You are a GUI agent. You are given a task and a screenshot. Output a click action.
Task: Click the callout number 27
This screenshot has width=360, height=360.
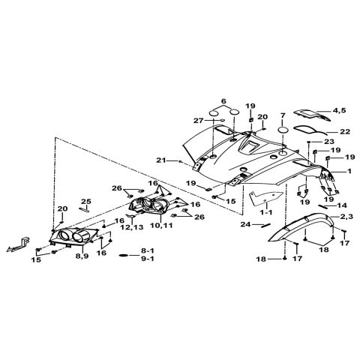pyautogui.click(x=199, y=121)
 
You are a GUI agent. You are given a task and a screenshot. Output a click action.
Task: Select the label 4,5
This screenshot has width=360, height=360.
pyautogui.click(x=339, y=110)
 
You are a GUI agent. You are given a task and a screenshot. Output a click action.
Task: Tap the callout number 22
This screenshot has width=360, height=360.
pyautogui.click(x=345, y=131)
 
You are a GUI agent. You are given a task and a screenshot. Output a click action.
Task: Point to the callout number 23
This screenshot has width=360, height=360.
pyautogui.click(x=329, y=142)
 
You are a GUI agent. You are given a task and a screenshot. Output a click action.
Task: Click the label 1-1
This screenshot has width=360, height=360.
pyautogui.click(x=266, y=213)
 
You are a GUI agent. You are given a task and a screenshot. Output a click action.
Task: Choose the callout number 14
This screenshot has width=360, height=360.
pyautogui.click(x=342, y=205)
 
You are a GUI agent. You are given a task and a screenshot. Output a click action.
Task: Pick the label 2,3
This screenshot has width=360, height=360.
pyautogui.click(x=346, y=217)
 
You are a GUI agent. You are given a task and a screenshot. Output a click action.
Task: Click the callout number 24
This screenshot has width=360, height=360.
pyautogui.click(x=245, y=224)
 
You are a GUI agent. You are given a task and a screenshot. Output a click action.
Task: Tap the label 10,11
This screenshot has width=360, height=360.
pyautogui.click(x=161, y=225)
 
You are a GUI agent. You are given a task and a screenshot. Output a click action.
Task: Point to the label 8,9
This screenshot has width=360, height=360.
pyautogui.click(x=82, y=256)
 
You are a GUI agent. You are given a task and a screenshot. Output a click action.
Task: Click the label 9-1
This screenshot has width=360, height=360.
pyautogui.click(x=148, y=259)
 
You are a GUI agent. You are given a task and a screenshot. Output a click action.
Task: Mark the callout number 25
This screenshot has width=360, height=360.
pyautogui.click(x=86, y=202)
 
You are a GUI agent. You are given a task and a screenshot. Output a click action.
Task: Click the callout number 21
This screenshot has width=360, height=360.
pyautogui.click(x=161, y=160)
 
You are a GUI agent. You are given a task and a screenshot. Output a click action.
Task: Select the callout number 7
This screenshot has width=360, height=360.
pyautogui.click(x=283, y=115)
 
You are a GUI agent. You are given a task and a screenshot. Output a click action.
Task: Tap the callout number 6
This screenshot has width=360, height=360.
pyautogui.click(x=223, y=101)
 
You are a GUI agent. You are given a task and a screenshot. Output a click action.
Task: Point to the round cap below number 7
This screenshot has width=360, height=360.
pyautogui.click(x=283, y=130)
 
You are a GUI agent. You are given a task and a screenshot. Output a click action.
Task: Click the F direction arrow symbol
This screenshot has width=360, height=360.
pyautogui.click(x=18, y=244)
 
